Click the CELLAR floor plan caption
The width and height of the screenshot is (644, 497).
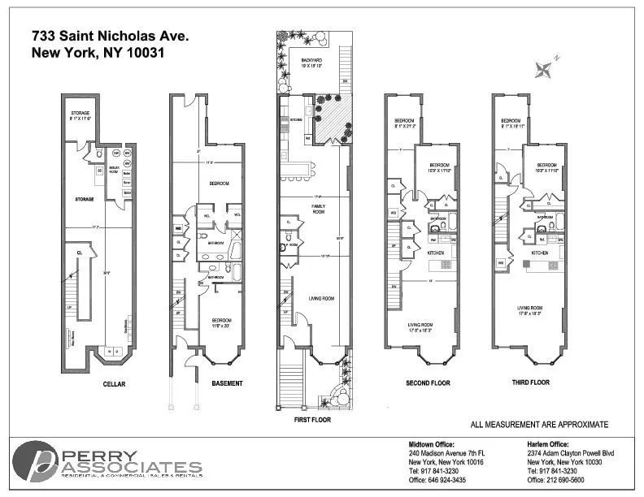113,382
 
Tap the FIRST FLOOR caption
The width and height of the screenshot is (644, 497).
311,420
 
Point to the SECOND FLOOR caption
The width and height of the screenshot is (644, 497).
429,382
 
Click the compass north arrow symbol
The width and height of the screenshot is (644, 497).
544,68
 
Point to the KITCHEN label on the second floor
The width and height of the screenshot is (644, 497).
437,253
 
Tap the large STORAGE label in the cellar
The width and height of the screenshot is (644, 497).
85,198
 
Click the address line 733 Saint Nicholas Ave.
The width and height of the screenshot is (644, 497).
110,37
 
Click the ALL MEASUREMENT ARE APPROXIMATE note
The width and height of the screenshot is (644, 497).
539,425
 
